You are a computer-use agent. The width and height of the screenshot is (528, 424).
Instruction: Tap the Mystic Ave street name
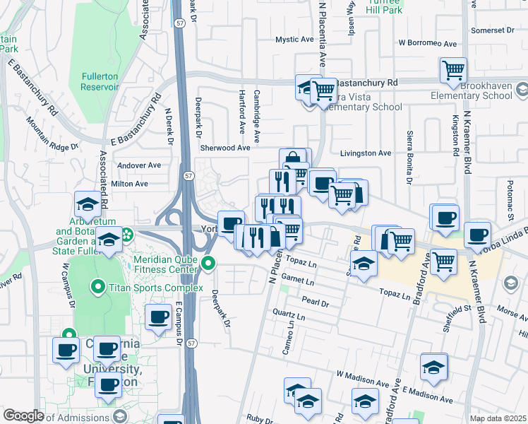(294, 40)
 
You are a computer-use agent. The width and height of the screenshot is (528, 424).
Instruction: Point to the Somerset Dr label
(493, 30)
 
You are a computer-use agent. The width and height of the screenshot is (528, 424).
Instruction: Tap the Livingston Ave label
(365, 153)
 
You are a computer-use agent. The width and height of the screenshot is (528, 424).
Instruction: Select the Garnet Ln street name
(296, 281)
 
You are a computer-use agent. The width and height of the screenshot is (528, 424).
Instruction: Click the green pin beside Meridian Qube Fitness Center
(208, 264)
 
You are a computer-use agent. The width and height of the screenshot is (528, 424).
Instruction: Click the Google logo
(23, 416)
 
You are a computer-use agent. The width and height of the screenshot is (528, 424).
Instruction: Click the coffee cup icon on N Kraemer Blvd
(477, 235)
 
